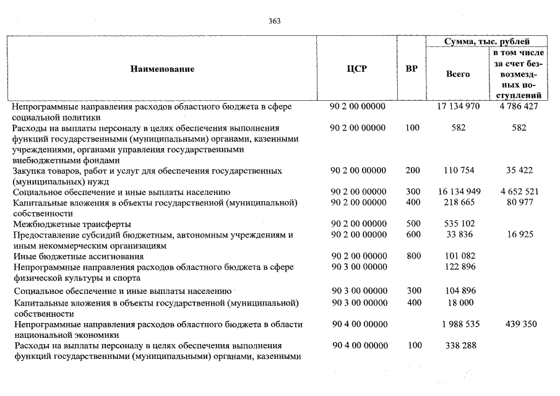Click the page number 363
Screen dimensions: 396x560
point(275,20)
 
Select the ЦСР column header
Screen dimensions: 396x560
point(358,69)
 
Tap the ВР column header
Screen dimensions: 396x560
point(411,69)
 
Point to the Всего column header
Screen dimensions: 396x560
point(458,74)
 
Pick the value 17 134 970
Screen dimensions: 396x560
point(459,106)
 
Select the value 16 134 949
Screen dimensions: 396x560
point(459,192)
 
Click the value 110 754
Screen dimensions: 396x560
point(459,171)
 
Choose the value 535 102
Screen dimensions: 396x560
point(459,224)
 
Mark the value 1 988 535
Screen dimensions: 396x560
point(459,324)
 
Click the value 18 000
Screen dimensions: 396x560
point(459,303)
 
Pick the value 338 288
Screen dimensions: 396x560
point(459,345)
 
